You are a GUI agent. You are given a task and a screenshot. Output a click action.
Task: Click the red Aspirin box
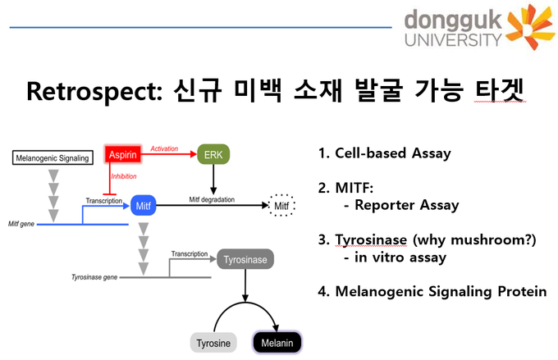pyautogui.click(x=123, y=154)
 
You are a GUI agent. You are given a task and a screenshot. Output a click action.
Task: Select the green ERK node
pyautogui.click(x=213, y=154)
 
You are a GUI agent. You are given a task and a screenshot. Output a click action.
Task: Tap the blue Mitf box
pyautogui.click(x=143, y=206)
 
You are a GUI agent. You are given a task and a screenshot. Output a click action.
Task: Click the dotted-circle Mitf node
pyautogui.click(x=281, y=205)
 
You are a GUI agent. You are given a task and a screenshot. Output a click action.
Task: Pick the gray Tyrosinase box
pyautogui.click(x=245, y=259)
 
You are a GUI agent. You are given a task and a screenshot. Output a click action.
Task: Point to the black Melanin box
pyautogui.click(x=277, y=343)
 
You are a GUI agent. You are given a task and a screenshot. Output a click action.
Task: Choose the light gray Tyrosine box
pyautogui.click(x=213, y=343)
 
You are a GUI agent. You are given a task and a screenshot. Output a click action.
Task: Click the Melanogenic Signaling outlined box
pyautogui.click(x=53, y=158)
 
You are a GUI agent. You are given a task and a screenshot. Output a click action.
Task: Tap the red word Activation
pyautogui.click(x=164, y=148)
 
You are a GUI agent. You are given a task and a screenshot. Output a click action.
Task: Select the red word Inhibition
pyautogui.click(x=123, y=176)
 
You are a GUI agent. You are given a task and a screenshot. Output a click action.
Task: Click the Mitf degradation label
pyautogui.click(x=212, y=199)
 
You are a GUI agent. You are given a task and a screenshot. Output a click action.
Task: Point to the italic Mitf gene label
pyautogui.click(x=21, y=224)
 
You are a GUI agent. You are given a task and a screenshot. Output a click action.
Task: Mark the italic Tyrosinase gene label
pyautogui.click(x=94, y=277)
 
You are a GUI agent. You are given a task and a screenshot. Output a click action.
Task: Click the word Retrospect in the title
pyautogui.click(x=94, y=91)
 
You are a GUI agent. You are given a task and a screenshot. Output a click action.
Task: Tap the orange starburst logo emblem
pyautogui.click(x=530, y=27)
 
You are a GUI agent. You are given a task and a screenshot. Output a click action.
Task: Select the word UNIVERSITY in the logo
pyautogui.click(x=453, y=40)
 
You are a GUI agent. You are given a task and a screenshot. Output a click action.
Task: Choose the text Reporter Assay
pyautogui.click(x=407, y=205)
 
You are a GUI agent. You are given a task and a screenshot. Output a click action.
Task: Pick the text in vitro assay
pyautogui.click(x=400, y=257)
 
